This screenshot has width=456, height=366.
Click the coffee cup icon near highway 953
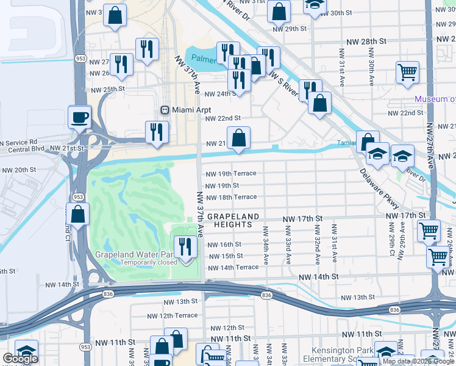click(79, 117)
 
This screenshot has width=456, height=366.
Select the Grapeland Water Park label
click(135, 254)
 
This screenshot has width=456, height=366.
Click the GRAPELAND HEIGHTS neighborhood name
click(233, 221)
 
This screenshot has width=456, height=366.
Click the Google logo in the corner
click(20, 359)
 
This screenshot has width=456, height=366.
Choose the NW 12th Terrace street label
click(173, 315)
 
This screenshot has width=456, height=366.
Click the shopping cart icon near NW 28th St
click(407, 72)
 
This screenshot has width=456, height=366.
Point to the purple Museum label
click(435, 99)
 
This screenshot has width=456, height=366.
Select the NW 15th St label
click(225, 256)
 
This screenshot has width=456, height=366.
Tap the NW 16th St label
click(225, 245)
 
